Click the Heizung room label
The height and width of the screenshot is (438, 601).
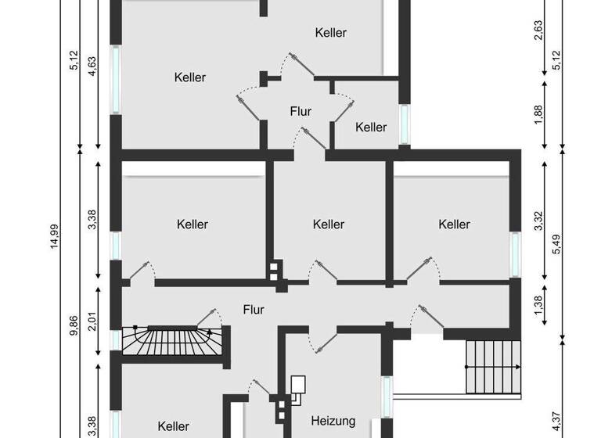[333, 420]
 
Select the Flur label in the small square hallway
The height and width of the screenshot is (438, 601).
[300, 112]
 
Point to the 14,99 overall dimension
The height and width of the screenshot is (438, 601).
[53, 248]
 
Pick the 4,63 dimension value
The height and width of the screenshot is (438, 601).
[92, 62]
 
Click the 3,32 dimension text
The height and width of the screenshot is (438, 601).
[539, 221]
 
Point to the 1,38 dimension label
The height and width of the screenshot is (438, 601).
[539, 307]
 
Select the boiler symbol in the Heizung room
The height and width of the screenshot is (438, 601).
[299, 387]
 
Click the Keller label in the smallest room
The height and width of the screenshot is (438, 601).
[371, 127]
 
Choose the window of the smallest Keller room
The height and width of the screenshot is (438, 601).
[405, 124]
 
